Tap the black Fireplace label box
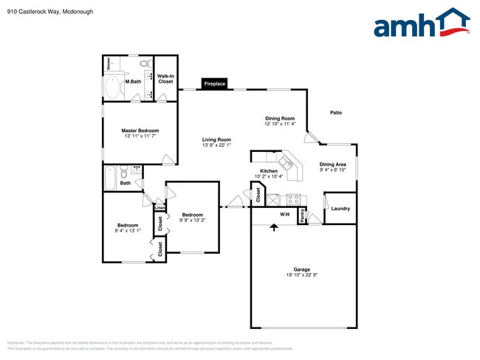[x=215, y=84]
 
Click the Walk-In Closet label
[x=165, y=79]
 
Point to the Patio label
[x=336, y=113]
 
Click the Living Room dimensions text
[x=217, y=145]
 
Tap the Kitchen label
[x=268, y=171]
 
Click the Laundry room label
[x=340, y=209]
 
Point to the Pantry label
[x=302, y=216]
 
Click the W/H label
[x=284, y=215]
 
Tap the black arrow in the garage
[x=274, y=227]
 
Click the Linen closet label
[x=160, y=208]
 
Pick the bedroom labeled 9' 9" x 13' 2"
[x=192, y=218]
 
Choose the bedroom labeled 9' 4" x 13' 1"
[x=128, y=228]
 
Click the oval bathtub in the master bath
[x=112, y=89]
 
